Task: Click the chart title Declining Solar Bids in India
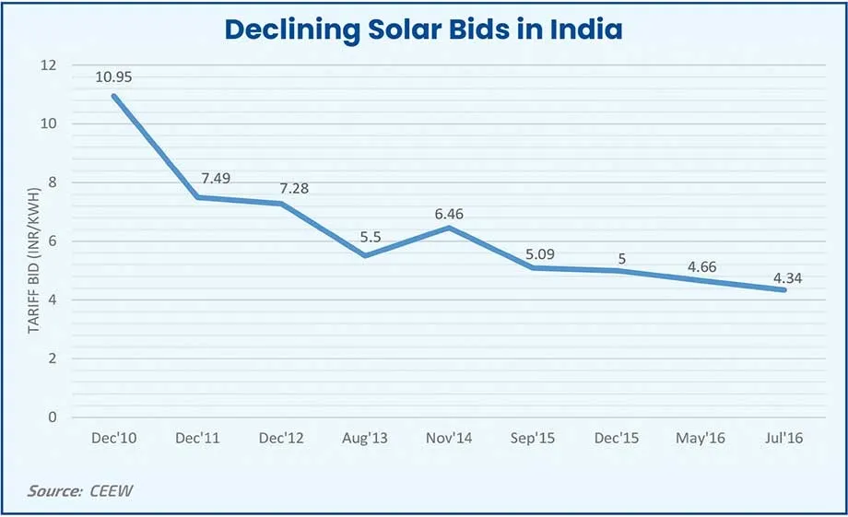[x=424, y=29]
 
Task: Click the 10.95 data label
[x=114, y=77]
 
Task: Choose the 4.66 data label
[x=701, y=265]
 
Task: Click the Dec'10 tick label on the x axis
[x=115, y=439]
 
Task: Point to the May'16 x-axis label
[x=701, y=439]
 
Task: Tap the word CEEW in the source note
[x=111, y=490]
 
